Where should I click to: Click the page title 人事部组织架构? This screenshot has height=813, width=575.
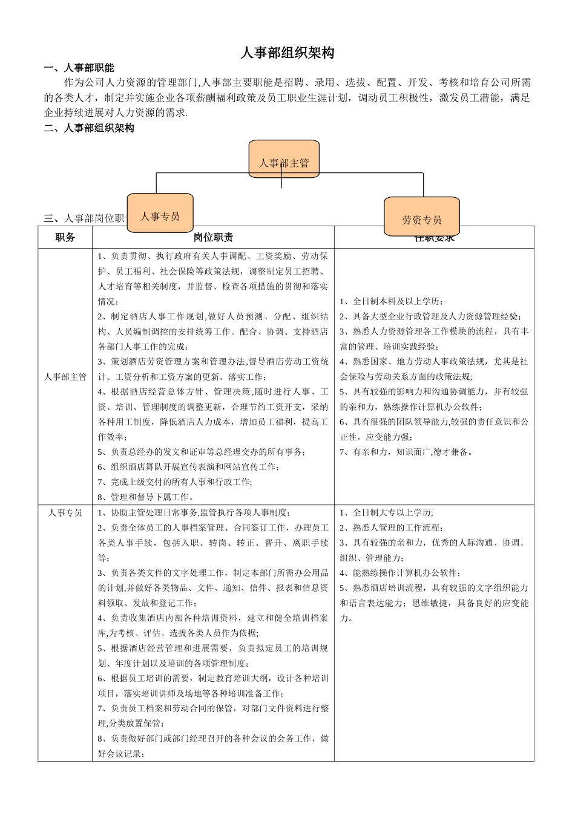point(287,53)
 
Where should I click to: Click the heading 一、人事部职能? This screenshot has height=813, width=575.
point(79,68)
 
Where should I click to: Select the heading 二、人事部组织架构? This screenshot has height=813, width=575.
point(89,128)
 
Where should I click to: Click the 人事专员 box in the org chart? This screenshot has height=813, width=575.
point(160,214)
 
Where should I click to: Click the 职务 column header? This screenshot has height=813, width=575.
point(65,238)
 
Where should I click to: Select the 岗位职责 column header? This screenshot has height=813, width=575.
point(213,238)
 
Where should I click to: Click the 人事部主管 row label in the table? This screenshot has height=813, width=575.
point(65,377)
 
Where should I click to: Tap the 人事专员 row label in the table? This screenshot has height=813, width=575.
point(65,513)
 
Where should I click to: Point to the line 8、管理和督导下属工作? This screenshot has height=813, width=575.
point(146,497)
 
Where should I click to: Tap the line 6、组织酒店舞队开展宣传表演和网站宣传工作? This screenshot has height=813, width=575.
point(188,467)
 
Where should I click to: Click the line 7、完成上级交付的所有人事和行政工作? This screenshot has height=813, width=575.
point(176,482)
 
